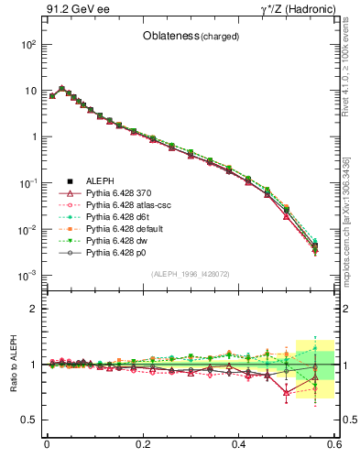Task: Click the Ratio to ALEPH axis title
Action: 14,365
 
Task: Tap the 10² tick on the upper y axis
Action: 29,44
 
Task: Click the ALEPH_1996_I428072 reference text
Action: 191,274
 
